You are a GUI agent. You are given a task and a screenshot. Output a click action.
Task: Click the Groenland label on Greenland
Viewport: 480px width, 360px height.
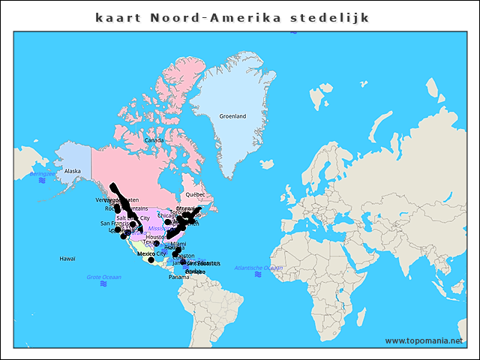pos(232,116)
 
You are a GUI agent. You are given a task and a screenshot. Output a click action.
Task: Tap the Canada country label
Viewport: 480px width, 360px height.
pos(154,140)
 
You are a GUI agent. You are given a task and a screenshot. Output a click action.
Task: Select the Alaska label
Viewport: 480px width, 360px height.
pos(72,171)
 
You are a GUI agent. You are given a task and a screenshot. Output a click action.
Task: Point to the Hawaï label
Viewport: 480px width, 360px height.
pos(67,258)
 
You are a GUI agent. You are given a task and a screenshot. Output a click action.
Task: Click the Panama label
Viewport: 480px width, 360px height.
pos(178,277)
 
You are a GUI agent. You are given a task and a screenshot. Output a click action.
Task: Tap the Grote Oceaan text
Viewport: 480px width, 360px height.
pos(103,277)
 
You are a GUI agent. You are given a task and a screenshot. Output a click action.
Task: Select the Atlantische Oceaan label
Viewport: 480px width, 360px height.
pos(259,268)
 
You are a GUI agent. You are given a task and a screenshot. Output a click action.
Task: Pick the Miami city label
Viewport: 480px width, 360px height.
pos(178,244)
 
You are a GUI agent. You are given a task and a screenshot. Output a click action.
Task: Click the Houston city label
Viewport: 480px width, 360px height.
pos(156,237)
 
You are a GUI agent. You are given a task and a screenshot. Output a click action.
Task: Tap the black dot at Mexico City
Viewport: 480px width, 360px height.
pos(150,260)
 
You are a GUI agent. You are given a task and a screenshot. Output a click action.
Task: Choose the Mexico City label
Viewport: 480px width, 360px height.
pos(151,253)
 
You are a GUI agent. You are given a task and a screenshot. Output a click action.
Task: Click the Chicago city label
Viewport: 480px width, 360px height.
pos(167,216)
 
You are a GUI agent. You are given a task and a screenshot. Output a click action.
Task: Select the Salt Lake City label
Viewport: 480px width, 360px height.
pos(133,218)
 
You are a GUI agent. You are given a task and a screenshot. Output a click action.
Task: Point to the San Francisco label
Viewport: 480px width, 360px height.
pos(115,223)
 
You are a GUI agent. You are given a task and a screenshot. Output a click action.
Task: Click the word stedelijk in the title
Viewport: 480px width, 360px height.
pos(329,16)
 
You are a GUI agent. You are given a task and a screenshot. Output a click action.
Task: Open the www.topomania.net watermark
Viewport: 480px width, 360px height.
pos(424,340)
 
